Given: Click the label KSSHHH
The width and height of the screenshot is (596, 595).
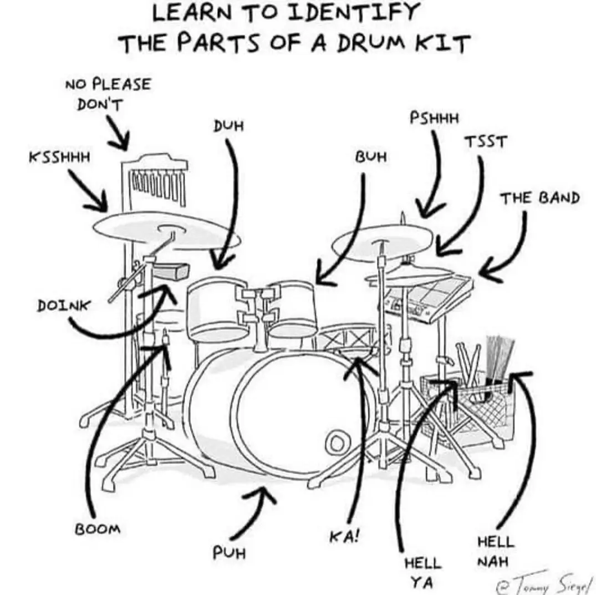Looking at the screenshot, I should [x=59, y=157].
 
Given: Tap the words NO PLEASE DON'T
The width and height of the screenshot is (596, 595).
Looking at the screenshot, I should [x=108, y=94].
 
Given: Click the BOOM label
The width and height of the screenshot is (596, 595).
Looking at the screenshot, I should [x=98, y=528].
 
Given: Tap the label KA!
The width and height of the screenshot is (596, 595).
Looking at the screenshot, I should [x=344, y=537].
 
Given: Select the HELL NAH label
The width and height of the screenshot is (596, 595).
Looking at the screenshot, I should [x=495, y=551].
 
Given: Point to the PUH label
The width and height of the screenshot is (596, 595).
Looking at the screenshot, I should [x=229, y=553].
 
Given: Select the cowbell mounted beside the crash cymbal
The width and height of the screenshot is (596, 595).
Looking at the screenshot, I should [x=172, y=271].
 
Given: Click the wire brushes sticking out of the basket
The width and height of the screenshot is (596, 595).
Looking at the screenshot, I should [x=498, y=355].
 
